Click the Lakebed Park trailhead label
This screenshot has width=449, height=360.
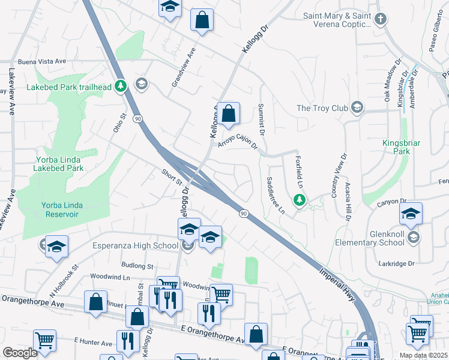click(70, 87)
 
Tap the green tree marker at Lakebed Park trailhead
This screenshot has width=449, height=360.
click(121, 86)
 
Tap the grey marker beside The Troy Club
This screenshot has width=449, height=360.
click(357, 108)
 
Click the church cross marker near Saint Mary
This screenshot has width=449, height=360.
click(379, 19)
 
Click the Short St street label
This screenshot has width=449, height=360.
click(171, 176)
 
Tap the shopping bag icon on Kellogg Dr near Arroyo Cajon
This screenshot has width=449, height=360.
click(229, 113)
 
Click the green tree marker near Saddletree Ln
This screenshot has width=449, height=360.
click(298, 199)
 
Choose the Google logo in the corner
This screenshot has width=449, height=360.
click(20, 353)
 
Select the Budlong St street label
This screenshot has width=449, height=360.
click(137, 265)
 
